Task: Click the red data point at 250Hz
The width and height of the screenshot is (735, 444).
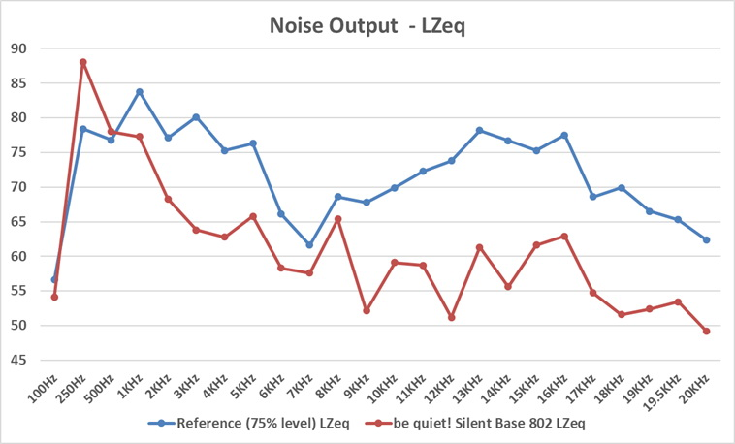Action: coord(83,62)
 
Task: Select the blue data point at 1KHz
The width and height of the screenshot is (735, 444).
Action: coord(140,92)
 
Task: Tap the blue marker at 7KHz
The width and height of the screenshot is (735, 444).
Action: coord(309,245)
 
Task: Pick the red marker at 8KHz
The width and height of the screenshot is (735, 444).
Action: coord(337,219)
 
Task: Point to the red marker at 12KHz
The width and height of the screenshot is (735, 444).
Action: coord(451,317)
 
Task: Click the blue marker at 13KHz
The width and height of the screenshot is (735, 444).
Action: coord(479,130)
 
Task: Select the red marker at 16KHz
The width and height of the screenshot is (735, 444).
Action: coord(564,237)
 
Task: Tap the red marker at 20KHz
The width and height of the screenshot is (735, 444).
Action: coord(706,331)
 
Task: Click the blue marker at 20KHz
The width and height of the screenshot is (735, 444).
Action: coord(706,239)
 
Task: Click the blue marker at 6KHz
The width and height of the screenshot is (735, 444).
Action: coord(281,214)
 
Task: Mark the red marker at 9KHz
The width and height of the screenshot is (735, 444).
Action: coord(366,310)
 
